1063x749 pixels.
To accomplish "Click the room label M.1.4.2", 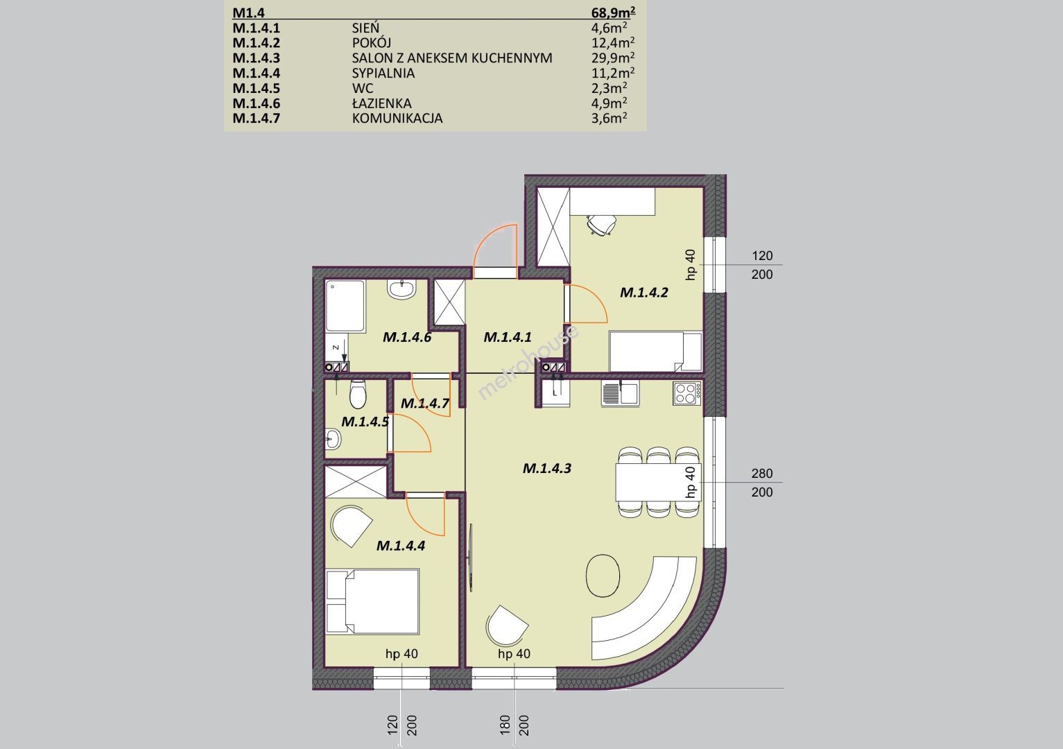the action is [643, 293].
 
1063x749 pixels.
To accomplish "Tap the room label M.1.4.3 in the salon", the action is [546, 469].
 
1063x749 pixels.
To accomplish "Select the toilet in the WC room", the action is [357, 393].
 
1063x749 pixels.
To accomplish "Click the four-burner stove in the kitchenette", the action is [686, 393].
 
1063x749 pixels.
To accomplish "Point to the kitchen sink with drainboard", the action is [620, 394].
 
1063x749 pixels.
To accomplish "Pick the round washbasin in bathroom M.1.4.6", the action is [401, 289].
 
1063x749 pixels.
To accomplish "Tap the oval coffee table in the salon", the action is [603, 577].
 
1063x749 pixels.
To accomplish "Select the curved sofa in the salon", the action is [657, 617].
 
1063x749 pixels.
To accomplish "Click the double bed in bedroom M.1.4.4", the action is [372, 601].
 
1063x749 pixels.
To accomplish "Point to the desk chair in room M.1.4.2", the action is [601, 224].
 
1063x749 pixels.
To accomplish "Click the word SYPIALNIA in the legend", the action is [383, 73].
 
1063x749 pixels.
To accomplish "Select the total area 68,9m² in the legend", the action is [613, 12].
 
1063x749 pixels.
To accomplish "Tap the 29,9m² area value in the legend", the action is [613, 57].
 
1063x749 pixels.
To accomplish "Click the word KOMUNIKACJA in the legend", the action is [397, 118].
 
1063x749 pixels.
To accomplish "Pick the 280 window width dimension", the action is [762, 473].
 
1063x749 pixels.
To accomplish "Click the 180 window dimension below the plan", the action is [505, 725].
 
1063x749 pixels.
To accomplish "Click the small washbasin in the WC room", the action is [333, 439].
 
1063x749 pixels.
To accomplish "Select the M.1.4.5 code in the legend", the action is [257, 88].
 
